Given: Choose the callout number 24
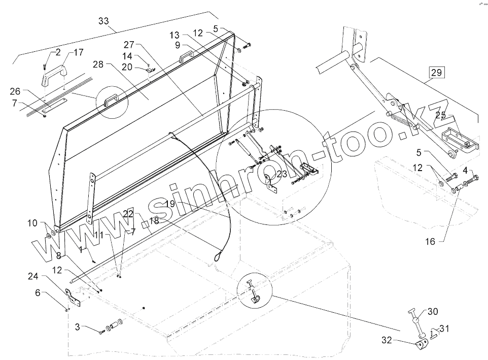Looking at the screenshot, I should tap(33, 277).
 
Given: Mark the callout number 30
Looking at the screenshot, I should tap(433, 311).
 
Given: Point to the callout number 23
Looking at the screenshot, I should tap(282, 174).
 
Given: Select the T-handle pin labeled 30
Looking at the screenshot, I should tap(416, 323).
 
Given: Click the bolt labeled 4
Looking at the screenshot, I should tap(476, 180).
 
